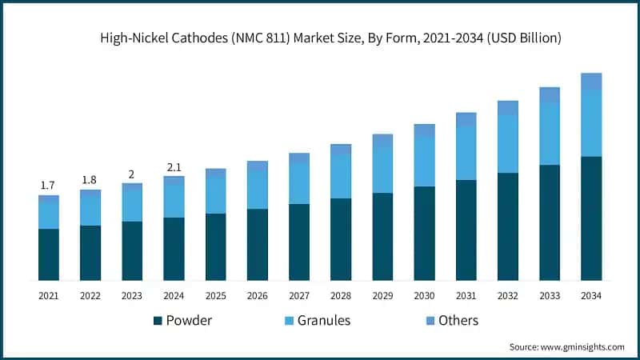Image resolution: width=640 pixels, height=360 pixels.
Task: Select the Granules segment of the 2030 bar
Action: pos(424,162)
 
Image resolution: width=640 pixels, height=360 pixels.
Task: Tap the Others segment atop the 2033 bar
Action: pos(550,94)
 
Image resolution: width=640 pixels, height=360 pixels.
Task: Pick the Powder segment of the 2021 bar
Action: pos(49,254)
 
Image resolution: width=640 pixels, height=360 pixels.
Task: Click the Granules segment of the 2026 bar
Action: pos(258,190)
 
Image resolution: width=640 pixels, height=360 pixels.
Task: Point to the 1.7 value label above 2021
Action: pos(48,186)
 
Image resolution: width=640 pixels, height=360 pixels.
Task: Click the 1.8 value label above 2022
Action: pos(90,179)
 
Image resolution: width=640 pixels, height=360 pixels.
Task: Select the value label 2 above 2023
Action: pos(132,174)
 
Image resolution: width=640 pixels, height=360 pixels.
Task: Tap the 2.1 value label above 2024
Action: pos(174,166)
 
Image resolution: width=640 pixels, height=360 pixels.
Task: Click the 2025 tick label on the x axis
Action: pos(215,296)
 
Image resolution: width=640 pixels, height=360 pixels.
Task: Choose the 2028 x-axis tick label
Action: pos(341,296)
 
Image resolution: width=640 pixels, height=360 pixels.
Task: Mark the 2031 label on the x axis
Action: pos(466,296)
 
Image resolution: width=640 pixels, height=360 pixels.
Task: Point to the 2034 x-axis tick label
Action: pos(591,296)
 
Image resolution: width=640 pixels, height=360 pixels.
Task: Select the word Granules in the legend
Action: pos(324,321)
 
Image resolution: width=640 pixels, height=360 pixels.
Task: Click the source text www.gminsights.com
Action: pos(584,346)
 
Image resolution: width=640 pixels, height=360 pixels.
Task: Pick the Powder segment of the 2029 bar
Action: pos(382,236)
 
